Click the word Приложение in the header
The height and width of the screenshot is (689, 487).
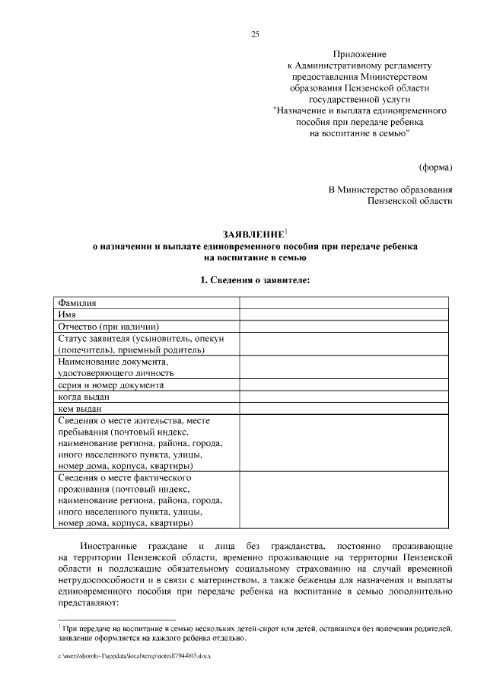pyautogui.click(x=361, y=54)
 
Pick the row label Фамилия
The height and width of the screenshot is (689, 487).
pyautogui.click(x=77, y=302)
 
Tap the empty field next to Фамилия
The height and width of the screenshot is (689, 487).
pyautogui.click(x=346, y=302)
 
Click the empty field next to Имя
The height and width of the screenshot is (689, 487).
pyautogui.click(x=346, y=314)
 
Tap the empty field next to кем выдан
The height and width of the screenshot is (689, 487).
pyautogui.click(x=346, y=409)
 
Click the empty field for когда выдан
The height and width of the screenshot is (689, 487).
pyautogui.click(x=346, y=397)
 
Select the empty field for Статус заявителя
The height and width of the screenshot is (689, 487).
pyautogui.click(x=346, y=343)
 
